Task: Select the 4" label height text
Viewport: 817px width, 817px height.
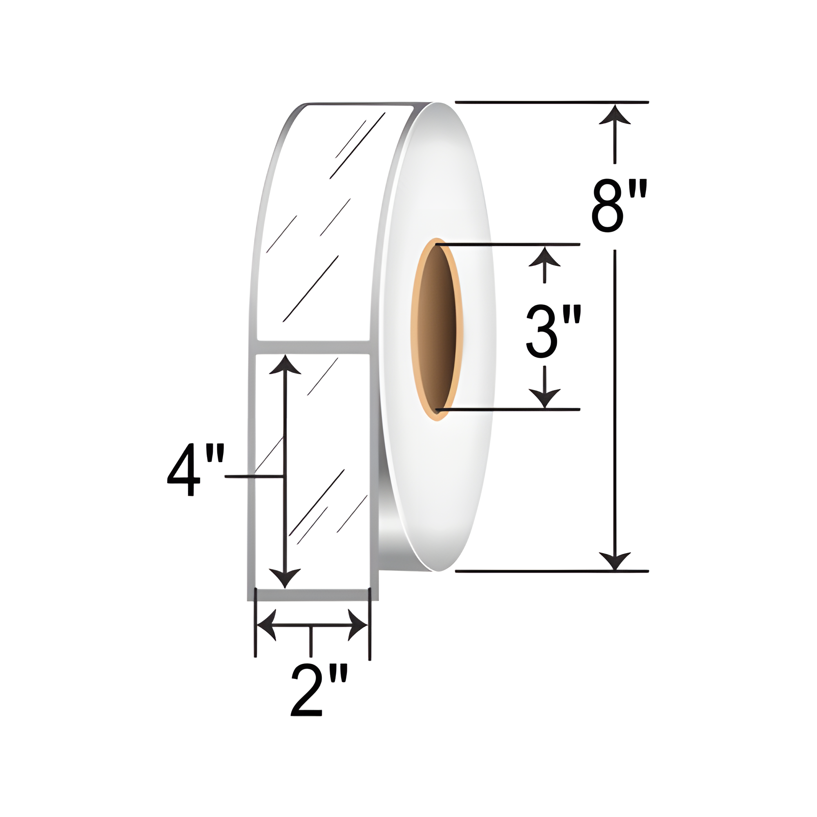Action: click(195, 469)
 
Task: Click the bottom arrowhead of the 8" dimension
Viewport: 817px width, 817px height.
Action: click(615, 561)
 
